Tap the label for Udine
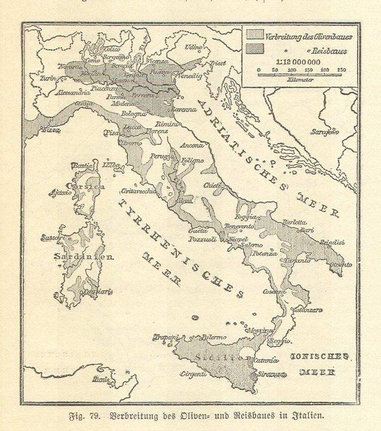tap(193, 48)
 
